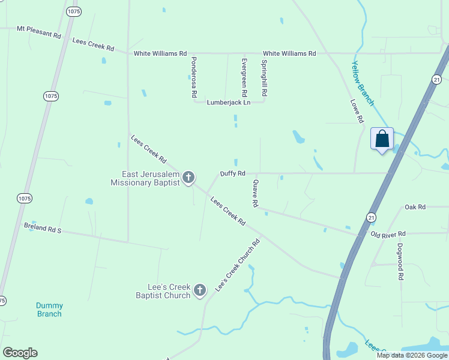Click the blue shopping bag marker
[382, 139]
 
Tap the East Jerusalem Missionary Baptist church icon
[188, 177]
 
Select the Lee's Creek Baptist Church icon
[200, 290]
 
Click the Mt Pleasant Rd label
[39, 32]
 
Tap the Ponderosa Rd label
[194, 77]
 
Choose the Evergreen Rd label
[244, 77]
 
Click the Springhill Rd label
[264, 78]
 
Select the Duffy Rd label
[232, 173]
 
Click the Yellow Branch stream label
[363, 83]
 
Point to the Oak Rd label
[415, 207]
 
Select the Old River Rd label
[388, 233]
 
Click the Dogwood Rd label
[400, 262]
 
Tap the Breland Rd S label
[43, 229]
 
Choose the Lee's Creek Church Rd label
[238, 265]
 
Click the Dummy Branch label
[49, 310]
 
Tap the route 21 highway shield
[371, 217]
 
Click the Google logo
[20, 353]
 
